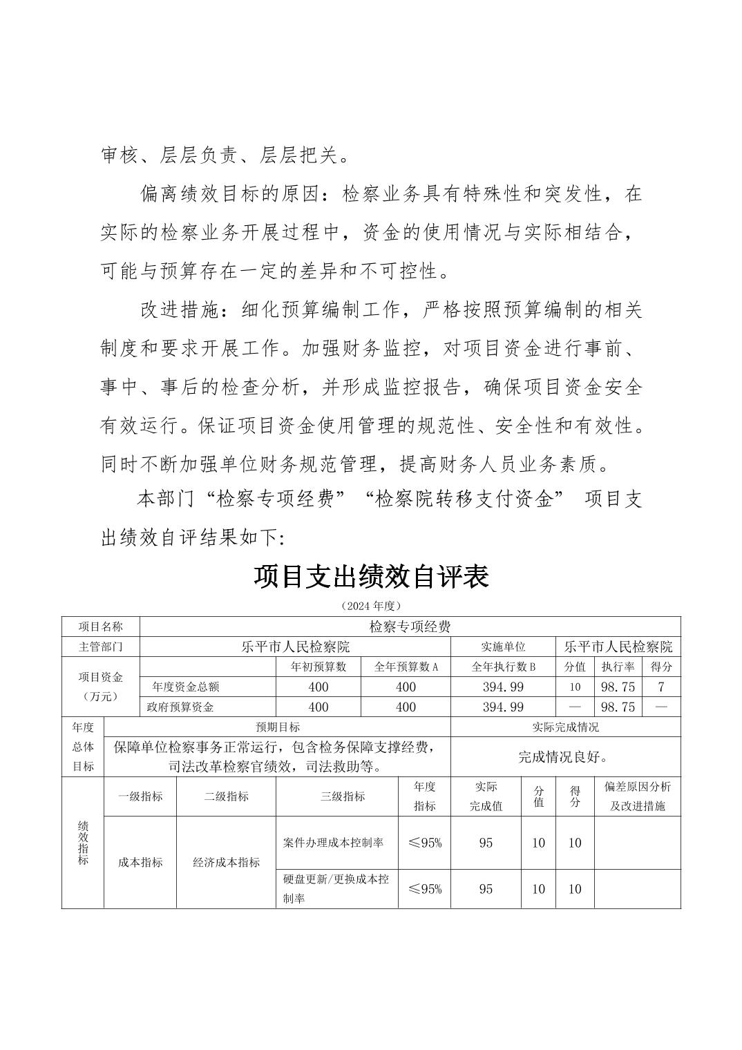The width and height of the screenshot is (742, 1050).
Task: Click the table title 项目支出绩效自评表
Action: coord(371,576)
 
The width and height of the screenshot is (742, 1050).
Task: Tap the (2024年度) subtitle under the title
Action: coord(371,606)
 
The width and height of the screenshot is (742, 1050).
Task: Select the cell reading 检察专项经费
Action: coord(410,627)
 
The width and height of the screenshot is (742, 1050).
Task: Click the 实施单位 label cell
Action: coord(503,647)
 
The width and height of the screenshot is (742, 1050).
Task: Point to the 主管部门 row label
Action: coord(100,647)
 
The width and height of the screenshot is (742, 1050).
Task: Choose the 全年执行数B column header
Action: coord(503,667)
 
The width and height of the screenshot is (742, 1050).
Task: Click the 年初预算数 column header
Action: coord(318,667)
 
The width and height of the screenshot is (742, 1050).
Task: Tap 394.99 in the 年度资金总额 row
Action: coord(503,687)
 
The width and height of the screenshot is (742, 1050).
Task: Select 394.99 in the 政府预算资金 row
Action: coord(503,707)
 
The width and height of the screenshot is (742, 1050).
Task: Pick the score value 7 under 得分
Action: coord(661,687)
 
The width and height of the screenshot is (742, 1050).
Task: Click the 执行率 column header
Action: coord(618,667)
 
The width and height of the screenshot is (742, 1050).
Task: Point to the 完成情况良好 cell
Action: coord(564,757)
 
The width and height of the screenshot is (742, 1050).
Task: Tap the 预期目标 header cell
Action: coord(278,727)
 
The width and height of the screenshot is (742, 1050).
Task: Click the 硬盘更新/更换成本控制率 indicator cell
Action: coord(336,888)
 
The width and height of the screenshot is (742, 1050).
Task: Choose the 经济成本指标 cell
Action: coord(226,862)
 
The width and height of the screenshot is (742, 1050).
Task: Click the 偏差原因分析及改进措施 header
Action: coord(637,796)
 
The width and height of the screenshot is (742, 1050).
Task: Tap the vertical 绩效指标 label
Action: coord(83,843)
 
